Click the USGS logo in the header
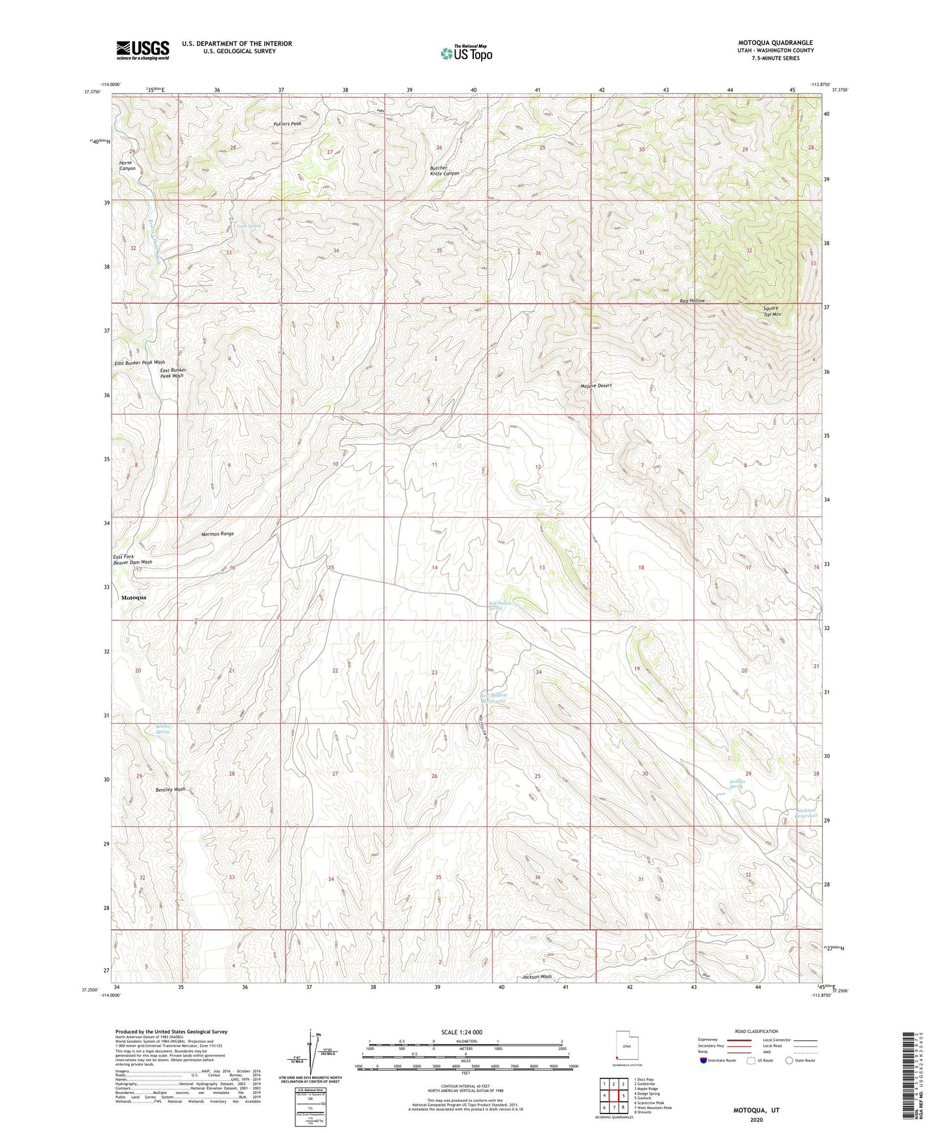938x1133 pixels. pos(143,50)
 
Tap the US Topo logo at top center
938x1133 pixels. pos(466,53)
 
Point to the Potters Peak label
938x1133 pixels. pos(287,123)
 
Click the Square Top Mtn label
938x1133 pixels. pos(771,311)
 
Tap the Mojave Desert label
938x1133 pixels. pos(596,385)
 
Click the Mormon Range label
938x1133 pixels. pos(217,533)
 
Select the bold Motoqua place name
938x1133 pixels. pos(134,597)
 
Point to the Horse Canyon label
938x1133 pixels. pos(127,165)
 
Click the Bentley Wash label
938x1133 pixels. pos(170,789)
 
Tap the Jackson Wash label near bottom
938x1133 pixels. pos(537,977)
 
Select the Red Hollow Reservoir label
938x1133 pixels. pos(494,698)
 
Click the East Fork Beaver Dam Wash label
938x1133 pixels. pos(132,559)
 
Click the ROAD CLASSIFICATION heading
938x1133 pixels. pos(756,1031)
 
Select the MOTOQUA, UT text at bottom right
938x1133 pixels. pos(756,1110)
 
